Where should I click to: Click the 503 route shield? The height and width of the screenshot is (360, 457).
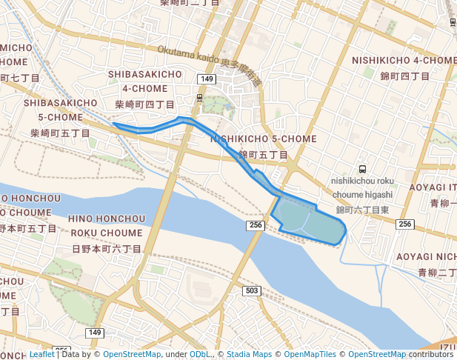tap(252, 290)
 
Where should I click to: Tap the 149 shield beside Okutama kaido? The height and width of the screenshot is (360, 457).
tap(207, 79)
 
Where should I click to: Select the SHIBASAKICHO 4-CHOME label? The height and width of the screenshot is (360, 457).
tap(145, 81)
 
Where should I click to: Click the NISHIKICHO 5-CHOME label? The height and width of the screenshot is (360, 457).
tap(264, 139)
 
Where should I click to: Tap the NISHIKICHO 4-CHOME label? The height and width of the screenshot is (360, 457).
tap(404, 60)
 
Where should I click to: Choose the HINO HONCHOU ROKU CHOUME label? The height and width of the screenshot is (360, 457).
tap(107, 225)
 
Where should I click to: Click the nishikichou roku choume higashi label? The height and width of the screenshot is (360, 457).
tap(362, 187)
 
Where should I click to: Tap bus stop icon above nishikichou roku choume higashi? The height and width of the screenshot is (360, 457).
tap(362, 168)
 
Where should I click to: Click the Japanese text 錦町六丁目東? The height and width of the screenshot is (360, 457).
tap(363, 210)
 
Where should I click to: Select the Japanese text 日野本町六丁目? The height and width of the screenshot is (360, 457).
tap(107, 249)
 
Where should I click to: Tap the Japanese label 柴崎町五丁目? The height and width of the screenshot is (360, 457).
tap(61, 133)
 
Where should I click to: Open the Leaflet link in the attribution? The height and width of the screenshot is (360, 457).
tap(41, 354)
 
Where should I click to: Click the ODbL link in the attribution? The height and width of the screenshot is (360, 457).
tap(199, 354)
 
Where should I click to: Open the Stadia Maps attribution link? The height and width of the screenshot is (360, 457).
tap(249, 354)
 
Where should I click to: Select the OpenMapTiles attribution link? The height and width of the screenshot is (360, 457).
tap(310, 354)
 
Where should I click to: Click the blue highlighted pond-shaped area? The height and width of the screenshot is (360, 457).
tap(311, 220)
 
